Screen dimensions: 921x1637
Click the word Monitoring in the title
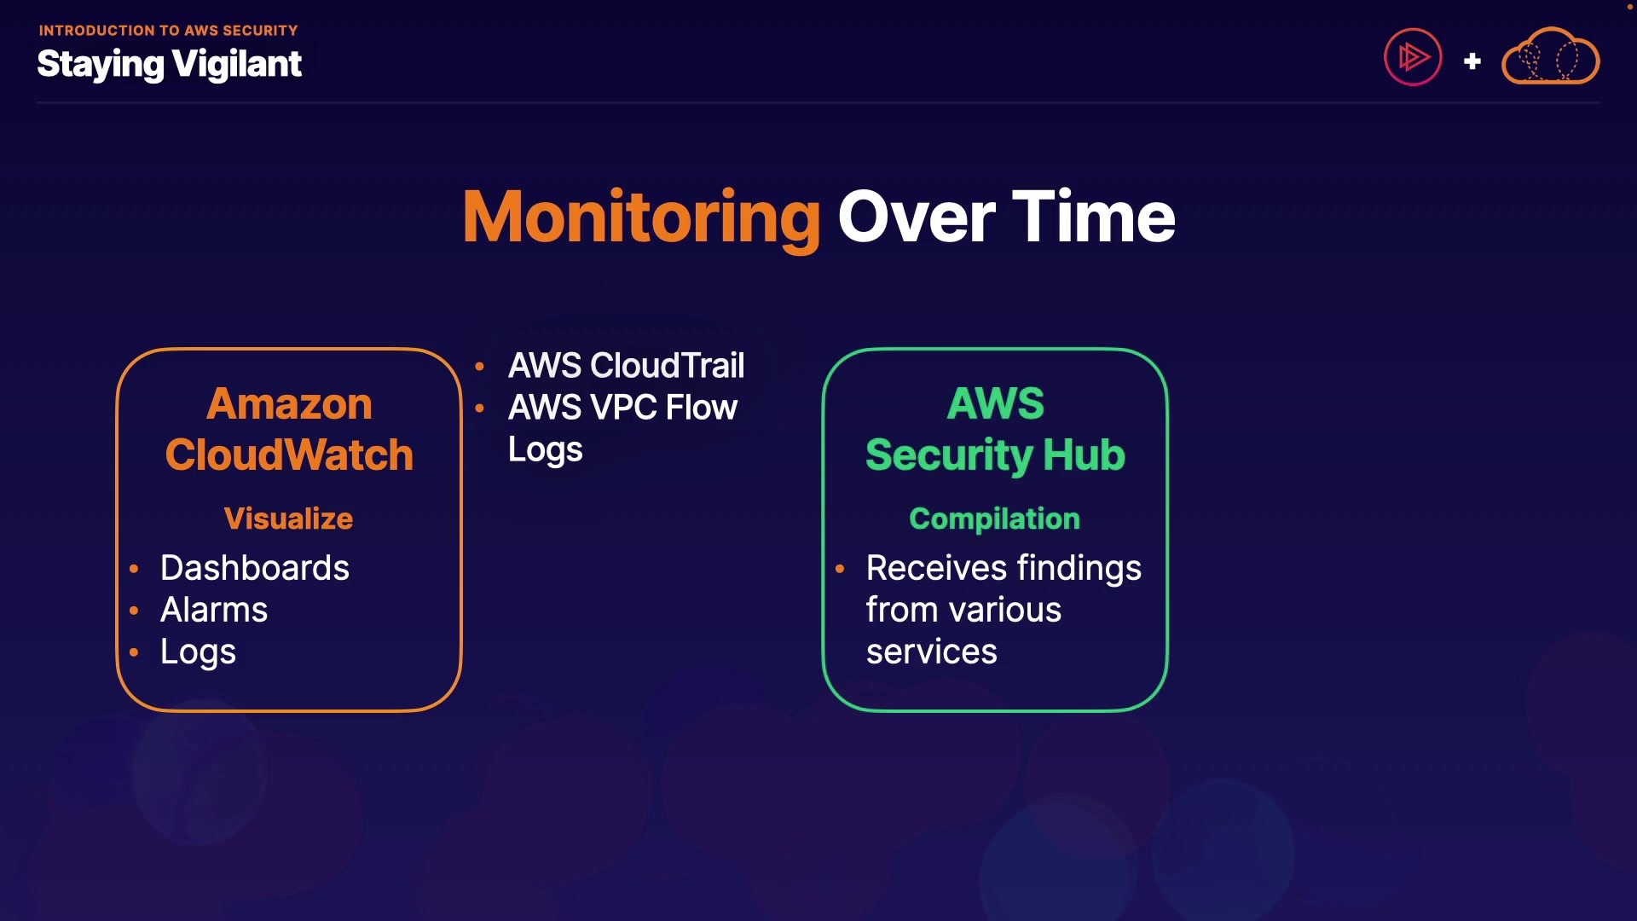tap(641, 218)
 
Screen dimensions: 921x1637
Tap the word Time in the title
tap(1094, 218)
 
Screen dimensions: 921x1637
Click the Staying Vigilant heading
tap(169, 65)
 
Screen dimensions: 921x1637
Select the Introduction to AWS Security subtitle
tap(168, 31)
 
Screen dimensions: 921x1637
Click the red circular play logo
tap(1413, 58)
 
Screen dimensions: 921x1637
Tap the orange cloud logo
tap(1550, 58)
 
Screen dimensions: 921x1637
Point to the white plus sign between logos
tap(1472, 61)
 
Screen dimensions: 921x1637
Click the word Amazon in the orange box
tap(289, 404)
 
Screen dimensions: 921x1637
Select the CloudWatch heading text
tap(289, 455)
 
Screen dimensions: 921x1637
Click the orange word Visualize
tap(288, 518)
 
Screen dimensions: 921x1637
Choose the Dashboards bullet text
tap(254, 568)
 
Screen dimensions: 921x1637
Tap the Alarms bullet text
tap(214, 610)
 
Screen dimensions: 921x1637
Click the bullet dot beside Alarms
tap(134, 611)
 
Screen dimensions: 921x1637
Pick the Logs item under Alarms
tap(198, 652)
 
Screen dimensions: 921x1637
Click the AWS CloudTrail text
tap(626, 366)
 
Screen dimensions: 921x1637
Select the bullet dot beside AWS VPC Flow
tap(480, 408)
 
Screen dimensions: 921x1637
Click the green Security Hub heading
tap(995, 455)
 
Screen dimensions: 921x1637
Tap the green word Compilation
tap(994, 518)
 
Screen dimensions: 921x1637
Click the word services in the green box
tap(931, 652)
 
